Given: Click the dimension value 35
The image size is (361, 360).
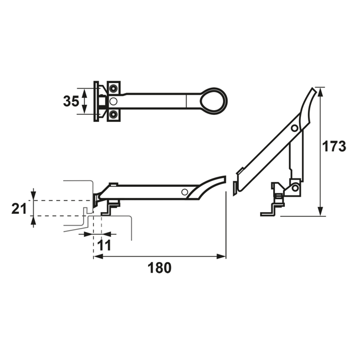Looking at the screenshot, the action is click(71, 101).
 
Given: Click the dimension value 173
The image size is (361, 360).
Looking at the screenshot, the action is click(334, 146).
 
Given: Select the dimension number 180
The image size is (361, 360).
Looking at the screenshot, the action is click(159, 267).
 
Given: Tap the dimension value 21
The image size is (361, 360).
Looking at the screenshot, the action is click(19, 209).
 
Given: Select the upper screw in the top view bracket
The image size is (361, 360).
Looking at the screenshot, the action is click(113, 88).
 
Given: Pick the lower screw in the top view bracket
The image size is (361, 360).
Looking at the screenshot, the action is click(113, 114).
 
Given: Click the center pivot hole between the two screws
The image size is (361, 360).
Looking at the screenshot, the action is click(113, 101).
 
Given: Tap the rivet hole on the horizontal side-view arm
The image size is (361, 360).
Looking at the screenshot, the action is click(185, 192).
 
